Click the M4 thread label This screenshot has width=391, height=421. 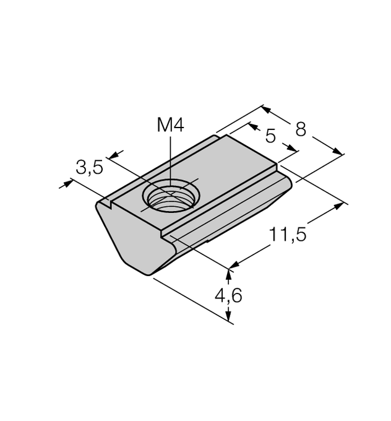pos(170,125)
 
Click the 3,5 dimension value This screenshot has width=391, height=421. pos(90,167)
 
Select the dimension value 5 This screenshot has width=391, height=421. pos(270,136)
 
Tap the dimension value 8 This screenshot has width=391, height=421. pos(301,129)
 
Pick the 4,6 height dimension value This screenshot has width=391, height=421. pos(228,296)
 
